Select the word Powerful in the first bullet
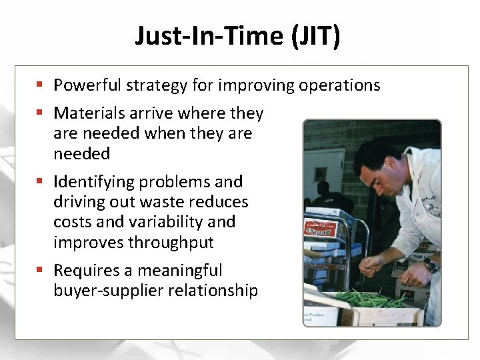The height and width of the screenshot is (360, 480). pyautogui.click(x=85, y=85)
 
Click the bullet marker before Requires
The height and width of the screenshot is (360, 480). pyautogui.click(x=41, y=270)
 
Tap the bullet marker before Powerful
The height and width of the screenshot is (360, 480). pyautogui.click(x=41, y=85)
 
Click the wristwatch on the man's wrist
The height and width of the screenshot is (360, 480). pyautogui.click(x=431, y=265)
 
